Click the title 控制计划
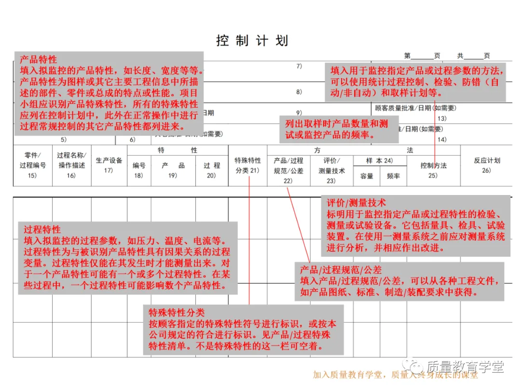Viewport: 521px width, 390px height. [x=252, y=40]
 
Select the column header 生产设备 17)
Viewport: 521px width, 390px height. [x=109, y=165]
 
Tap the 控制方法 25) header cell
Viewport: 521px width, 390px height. [x=433, y=170]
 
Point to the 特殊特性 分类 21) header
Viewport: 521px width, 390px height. [x=247, y=165]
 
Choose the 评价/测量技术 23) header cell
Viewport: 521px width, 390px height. [x=331, y=170]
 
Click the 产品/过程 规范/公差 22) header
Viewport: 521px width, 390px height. [x=288, y=170]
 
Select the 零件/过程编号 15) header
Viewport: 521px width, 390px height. [x=32, y=165]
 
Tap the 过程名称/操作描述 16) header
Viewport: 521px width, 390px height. [x=71, y=165]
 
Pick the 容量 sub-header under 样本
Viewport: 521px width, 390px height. [x=367, y=176]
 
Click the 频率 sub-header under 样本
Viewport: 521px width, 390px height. [x=393, y=176]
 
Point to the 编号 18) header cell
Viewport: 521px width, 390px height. [x=139, y=170]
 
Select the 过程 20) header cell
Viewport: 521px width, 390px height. [x=211, y=170]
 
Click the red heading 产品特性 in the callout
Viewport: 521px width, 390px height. [x=38, y=60]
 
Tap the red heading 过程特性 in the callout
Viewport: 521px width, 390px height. [x=42, y=230]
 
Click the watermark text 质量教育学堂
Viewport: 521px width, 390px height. [x=465, y=366]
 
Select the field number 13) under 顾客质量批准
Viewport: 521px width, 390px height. [x=441, y=118]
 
